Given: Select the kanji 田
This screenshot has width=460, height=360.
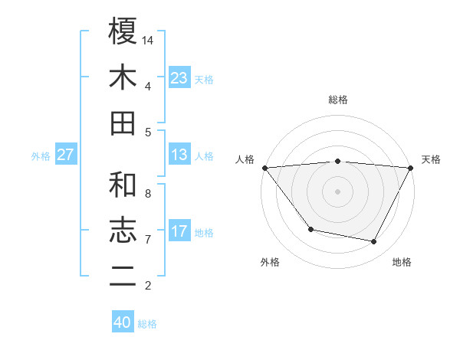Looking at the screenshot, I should point(123,123).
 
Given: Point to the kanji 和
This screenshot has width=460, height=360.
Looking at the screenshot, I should point(123,185).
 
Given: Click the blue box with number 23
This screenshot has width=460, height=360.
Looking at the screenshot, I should point(179,77).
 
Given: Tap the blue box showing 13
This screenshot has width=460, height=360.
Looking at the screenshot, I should point(179,155).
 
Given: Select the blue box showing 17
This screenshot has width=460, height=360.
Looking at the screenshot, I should point(179,231).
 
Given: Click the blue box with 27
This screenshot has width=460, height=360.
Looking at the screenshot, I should point(66,155).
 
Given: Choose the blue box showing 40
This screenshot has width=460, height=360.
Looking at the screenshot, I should point(123,322).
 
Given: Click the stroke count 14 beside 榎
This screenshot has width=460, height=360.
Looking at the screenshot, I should point(148,40).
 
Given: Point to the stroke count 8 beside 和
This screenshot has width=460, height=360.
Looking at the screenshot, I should point(148,194).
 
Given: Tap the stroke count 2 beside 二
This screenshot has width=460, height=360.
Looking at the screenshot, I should point(148,286).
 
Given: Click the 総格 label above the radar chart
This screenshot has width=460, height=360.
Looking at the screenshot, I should point(337,100).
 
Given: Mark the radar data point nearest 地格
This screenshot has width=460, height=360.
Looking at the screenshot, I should point(374,242).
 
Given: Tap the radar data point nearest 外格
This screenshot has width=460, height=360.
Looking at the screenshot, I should point(310,229).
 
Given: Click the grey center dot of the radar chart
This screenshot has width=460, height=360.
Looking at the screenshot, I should point(337,191).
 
